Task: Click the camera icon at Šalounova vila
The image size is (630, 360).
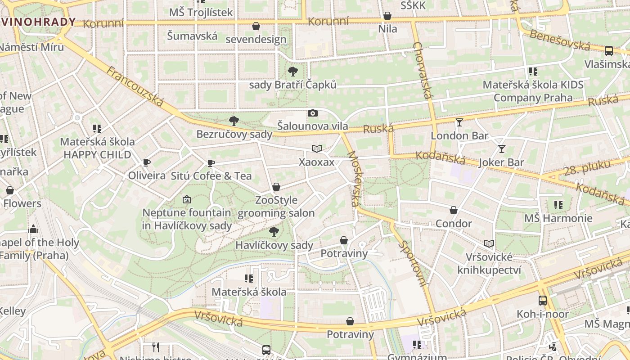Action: tap(313, 113)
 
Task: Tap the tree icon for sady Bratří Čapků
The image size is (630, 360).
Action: tap(292, 71)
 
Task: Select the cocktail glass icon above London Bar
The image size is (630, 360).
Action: tap(459, 122)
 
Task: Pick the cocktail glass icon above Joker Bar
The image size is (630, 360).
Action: tap(501, 148)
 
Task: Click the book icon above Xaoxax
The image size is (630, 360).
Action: tap(317, 148)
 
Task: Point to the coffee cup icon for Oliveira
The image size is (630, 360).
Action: tap(146, 162)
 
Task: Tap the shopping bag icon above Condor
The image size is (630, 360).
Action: tap(454, 210)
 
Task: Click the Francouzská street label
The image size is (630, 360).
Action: tap(135, 86)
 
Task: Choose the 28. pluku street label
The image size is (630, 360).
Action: tap(585, 170)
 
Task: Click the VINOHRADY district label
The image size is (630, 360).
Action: tap(38, 22)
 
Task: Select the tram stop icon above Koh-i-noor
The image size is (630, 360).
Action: tap(543, 300)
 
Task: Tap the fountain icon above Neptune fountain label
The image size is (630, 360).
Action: tap(187, 199)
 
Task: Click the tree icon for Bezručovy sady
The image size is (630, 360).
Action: tap(234, 121)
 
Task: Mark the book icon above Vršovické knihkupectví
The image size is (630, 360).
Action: tap(489, 243)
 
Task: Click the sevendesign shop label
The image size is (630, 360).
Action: tap(256, 39)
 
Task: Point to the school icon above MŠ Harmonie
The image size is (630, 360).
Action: tap(558, 205)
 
